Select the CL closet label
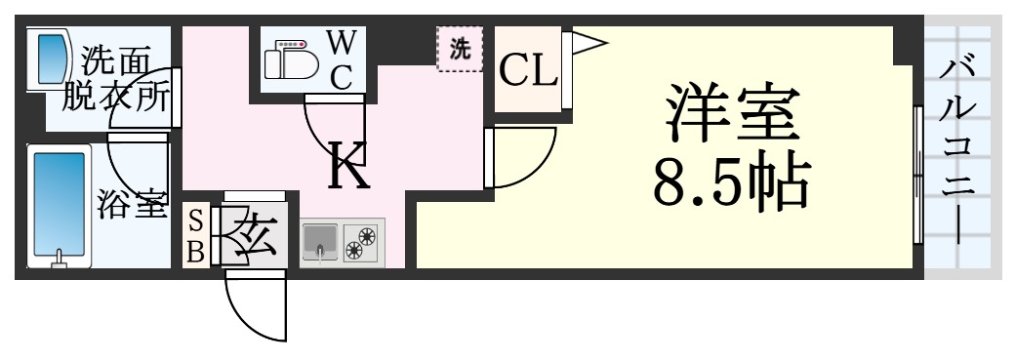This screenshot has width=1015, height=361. pyautogui.click(x=528, y=69)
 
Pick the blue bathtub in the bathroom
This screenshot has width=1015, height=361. pyautogui.click(x=59, y=205)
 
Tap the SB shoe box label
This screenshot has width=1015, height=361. pyautogui.click(x=195, y=235)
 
